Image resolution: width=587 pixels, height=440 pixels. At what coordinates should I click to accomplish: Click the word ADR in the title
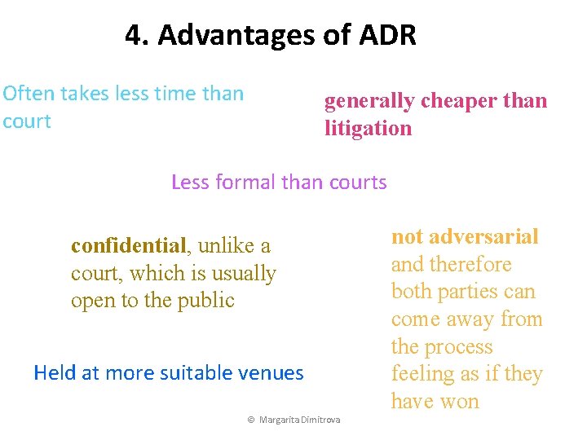click(388, 35)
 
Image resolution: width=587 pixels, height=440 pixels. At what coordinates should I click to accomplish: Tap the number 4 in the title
click(135, 35)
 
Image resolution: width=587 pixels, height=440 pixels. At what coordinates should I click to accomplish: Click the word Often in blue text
click(26, 94)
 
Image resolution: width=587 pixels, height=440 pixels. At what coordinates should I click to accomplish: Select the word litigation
click(369, 129)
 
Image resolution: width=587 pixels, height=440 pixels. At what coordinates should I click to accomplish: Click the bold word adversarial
click(483, 237)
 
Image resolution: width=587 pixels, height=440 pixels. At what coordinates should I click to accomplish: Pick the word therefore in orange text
click(474, 265)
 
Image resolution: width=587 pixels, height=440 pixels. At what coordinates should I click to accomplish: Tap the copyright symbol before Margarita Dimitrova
click(252, 420)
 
